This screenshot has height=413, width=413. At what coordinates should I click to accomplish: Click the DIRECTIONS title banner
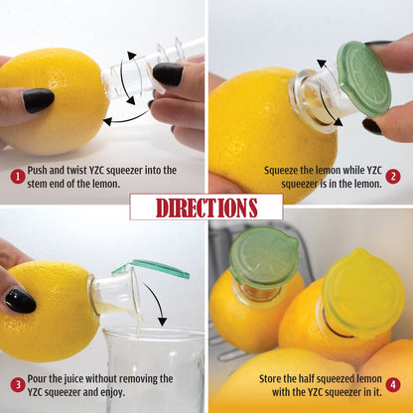click(206, 207)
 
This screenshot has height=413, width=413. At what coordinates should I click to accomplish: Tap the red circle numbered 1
click(17, 176)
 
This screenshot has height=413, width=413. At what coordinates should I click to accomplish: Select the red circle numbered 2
click(393, 176)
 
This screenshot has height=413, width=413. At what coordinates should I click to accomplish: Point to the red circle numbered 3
click(17, 384)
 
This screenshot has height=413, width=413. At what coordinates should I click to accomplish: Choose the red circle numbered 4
click(393, 384)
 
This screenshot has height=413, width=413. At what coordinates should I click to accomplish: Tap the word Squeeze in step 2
click(284, 170)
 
